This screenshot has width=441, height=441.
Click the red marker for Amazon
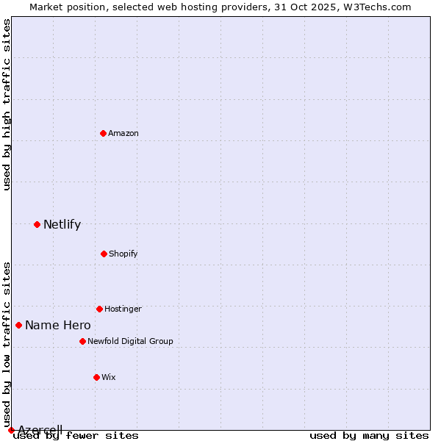(103, 133)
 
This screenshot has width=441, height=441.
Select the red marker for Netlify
(37, 224)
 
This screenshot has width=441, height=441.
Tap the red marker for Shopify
(104, 254)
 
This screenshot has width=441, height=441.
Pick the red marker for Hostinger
(99, 309)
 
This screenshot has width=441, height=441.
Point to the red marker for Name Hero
(18, 325)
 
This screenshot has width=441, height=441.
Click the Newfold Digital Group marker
(82, 341)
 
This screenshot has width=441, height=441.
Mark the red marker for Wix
(96, 377)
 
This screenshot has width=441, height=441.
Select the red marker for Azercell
(11, 430)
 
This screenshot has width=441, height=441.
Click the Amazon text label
(123, 133)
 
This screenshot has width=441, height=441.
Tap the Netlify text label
(62, 225)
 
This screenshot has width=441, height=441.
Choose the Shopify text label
(123, 254)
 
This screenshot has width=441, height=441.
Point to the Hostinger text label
(123, 309)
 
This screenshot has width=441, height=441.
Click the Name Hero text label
(58, 326)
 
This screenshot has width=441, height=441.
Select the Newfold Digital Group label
(130, 341)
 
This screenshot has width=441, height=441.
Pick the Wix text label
(109, 377)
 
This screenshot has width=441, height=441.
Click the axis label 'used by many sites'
(369, 436)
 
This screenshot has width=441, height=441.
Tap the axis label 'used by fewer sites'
(76, 436)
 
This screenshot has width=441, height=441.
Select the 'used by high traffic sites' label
(7, 104)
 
